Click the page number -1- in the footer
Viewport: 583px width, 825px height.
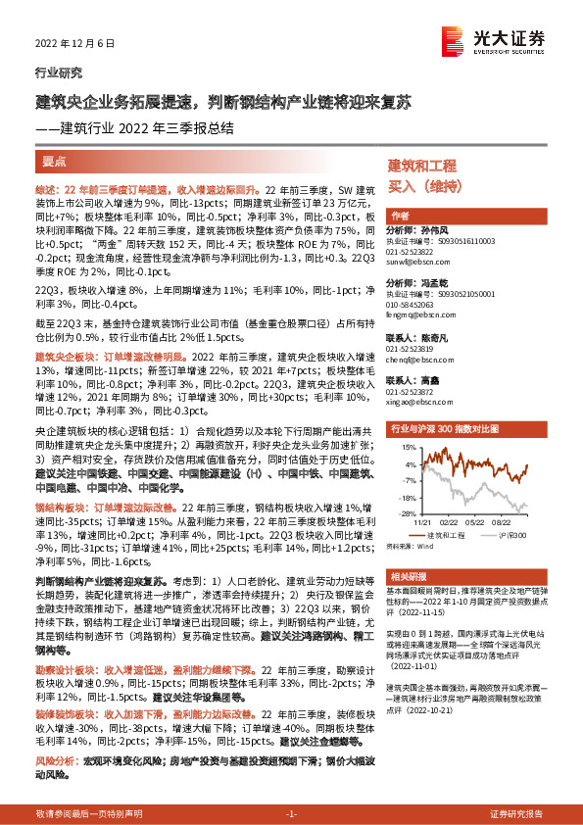click(x=291, y=814)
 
